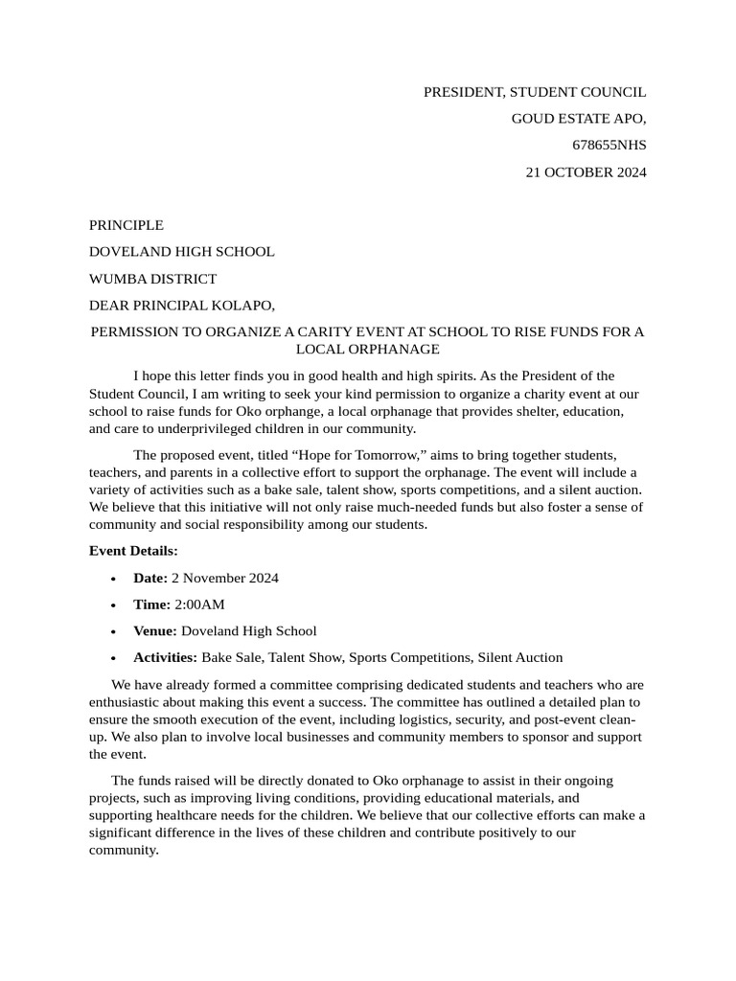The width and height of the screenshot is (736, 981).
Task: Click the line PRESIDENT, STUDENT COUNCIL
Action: (x=535, y=92)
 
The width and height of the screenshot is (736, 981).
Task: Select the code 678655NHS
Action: (x=609, y=146)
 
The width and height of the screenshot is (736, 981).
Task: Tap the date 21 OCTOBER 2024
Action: (x=586, y=172)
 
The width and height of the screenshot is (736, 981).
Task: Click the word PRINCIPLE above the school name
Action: (x=126, y=225)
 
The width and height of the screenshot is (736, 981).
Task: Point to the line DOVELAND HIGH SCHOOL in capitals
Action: (x=181, y=252)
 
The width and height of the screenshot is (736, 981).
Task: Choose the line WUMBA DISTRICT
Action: (x=152, y=279)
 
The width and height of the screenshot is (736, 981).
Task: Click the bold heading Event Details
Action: (x=133, y=551)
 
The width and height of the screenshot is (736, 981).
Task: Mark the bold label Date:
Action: (x=150, y=578)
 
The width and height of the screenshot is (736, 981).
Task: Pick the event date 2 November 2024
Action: (x=225, y=578)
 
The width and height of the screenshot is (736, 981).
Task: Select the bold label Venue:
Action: (x=155, y=631)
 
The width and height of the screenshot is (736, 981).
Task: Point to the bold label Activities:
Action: (x=165, y=657)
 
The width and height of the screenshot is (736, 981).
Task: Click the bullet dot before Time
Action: (x=114, y=605)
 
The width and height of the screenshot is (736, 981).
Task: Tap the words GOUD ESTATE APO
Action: (x=579, y=119)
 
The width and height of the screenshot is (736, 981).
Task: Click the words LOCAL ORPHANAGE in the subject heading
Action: (x=367, y=350)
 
